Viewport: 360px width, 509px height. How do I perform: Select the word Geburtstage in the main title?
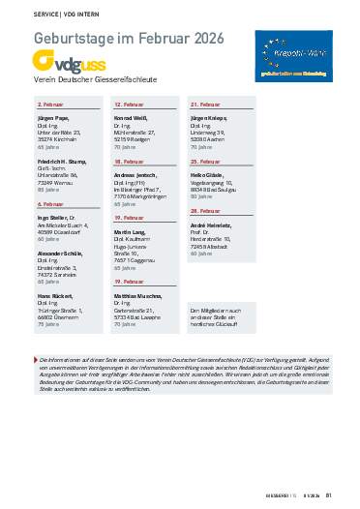click(x=76, y=38)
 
